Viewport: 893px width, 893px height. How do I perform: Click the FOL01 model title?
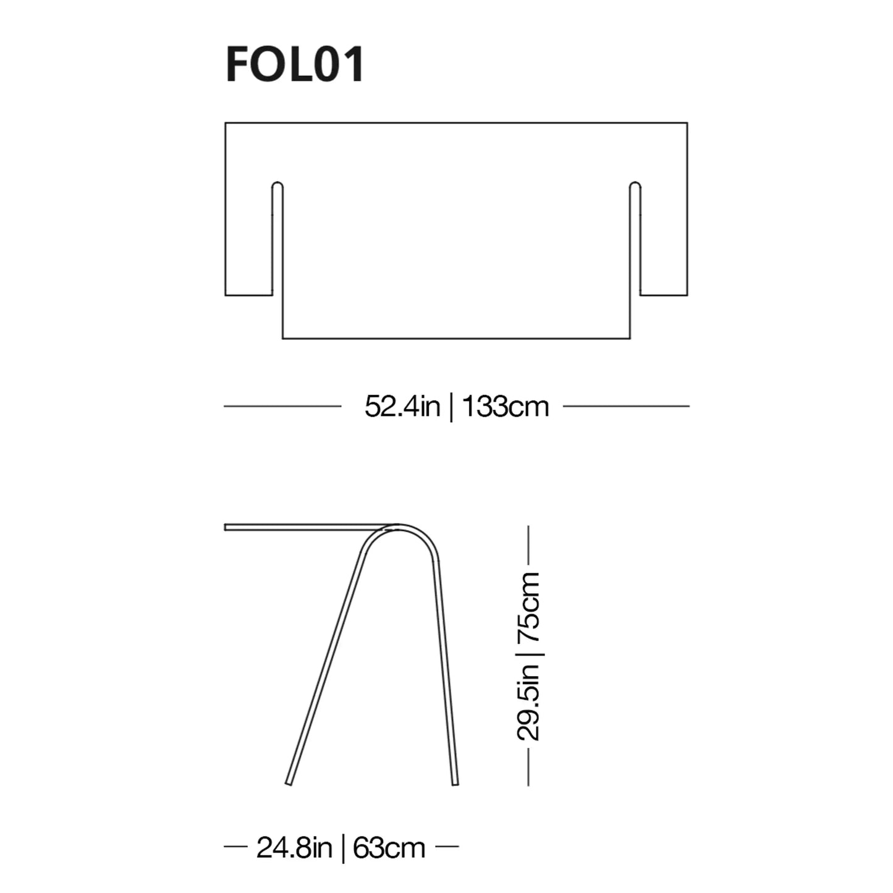point(295,65)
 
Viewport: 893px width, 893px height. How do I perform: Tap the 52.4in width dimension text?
point(402,407)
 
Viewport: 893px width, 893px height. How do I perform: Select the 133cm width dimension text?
point(505,407)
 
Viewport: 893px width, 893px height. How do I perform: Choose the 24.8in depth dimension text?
point(294,848)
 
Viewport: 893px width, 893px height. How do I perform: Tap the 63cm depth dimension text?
point(389,848)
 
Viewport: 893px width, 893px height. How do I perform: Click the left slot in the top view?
point(277,238)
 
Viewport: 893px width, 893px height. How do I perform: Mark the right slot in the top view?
point(635,238)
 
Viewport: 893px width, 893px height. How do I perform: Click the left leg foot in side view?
point(288,782)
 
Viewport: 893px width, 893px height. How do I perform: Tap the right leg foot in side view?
point(455,782)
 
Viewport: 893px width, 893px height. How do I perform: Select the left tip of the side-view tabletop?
point(227,527)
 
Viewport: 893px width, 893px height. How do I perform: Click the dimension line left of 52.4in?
point(282,406)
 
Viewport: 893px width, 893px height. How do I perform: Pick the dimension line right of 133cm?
point(626,406)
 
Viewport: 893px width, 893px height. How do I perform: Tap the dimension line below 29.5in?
point(528,767)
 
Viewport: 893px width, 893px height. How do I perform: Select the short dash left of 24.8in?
point(235,847)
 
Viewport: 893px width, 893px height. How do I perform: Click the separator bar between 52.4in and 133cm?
point(451,407)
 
